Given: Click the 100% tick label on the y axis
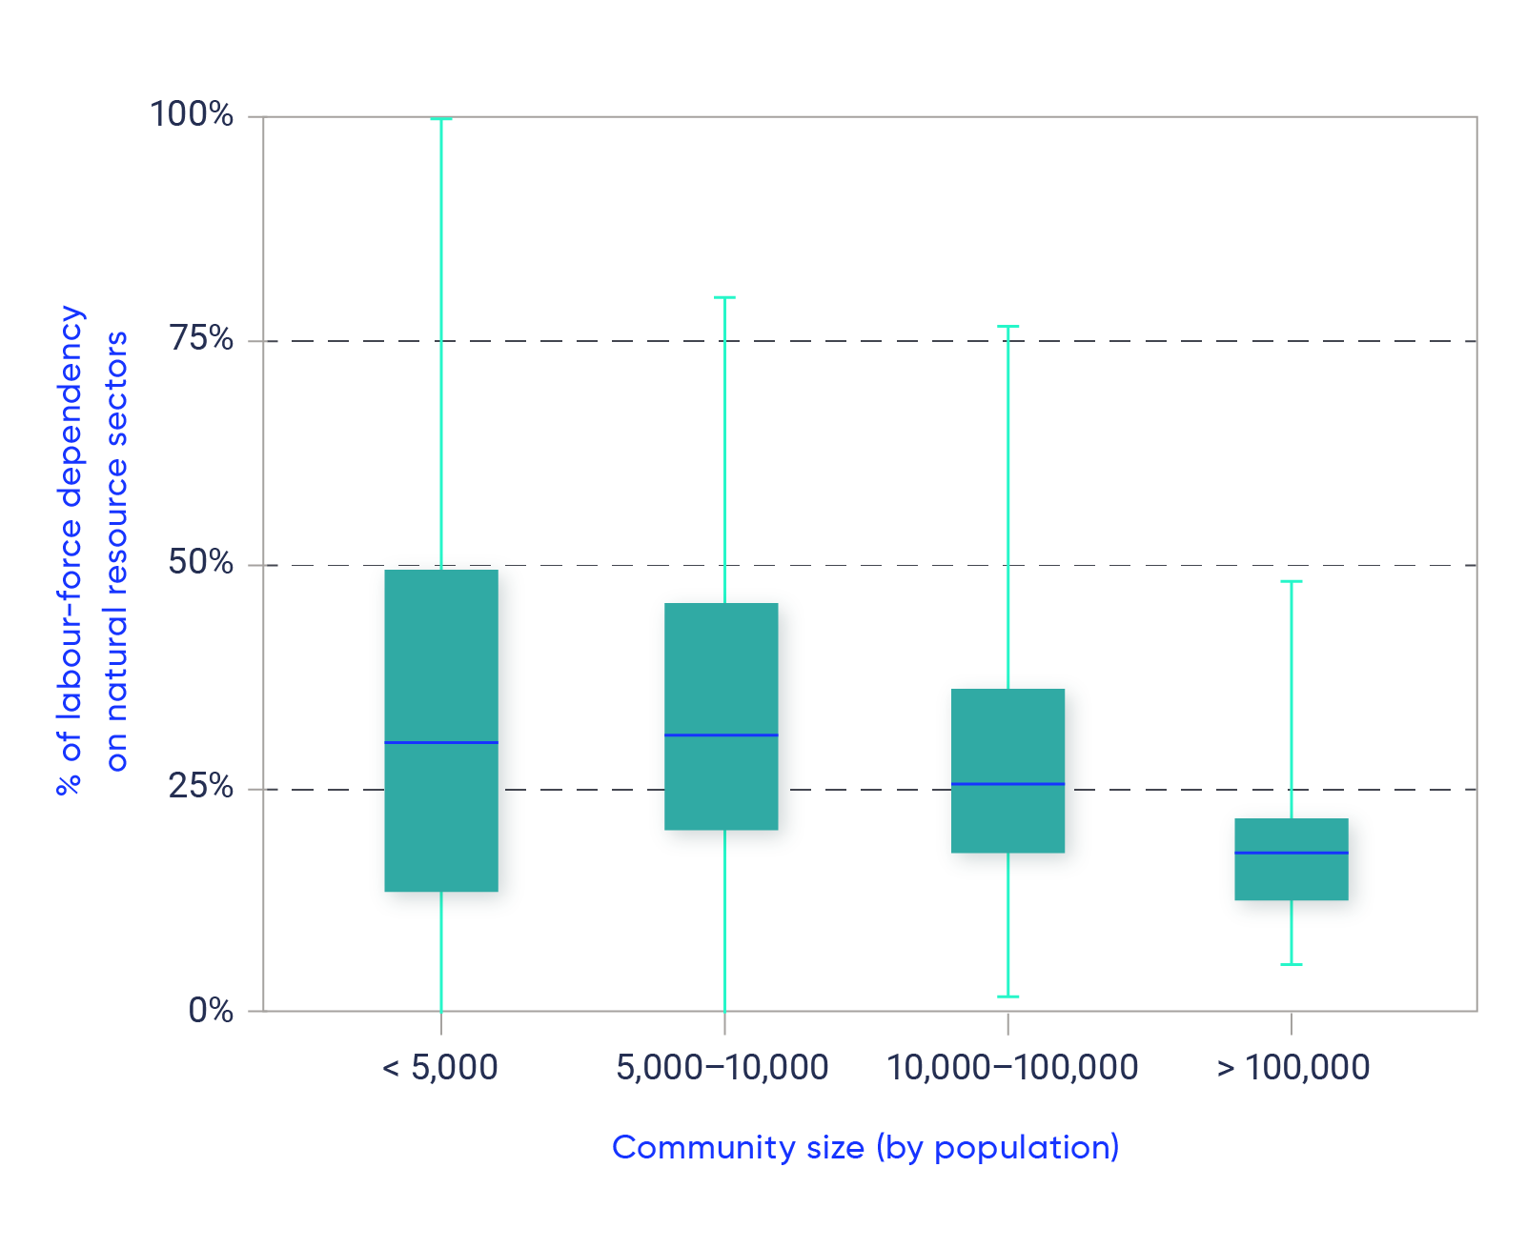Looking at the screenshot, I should click(192, 114).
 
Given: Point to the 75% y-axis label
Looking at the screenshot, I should click(200, 338).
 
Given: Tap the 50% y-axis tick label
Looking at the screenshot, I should click(200, 562).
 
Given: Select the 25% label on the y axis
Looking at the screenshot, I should click(200, 786).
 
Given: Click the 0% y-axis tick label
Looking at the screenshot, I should click(211, 1010).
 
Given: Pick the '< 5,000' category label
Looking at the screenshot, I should click(439, 1067).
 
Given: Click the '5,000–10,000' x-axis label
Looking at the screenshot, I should click(722, 1067).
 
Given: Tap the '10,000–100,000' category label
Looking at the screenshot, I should click(1012, 1067).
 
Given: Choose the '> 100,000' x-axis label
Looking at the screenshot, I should click(1292, 1067).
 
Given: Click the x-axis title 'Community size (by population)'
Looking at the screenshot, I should click(865, 1147).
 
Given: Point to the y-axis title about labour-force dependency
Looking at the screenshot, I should click(91, 551).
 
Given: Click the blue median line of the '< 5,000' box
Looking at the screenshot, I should click(441, 742).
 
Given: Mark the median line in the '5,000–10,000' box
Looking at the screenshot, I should click(722, 735).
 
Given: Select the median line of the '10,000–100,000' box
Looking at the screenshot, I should click(1007, 784).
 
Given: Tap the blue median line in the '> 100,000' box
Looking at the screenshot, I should click(1292, 853).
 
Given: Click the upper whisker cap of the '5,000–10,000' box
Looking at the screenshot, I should click(724, 297).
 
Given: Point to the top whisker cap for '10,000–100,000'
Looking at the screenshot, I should click(1007, 326).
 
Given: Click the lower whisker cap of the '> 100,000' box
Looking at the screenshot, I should click(1292, 964).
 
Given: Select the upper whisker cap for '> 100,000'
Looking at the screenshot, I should click(1292, 581).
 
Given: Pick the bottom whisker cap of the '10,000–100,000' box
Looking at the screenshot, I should click(1007, 996).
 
